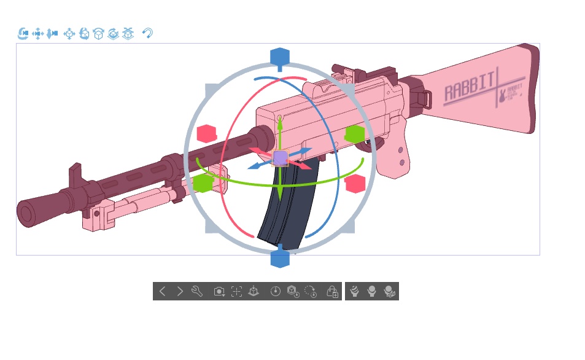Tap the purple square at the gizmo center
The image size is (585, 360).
(x=280, y=158)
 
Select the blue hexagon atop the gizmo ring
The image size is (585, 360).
(x=280, y=57)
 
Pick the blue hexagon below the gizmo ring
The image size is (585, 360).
(x=280, y=258)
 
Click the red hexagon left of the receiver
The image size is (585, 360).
(x=207, y=133)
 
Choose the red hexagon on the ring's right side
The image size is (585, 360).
(x=355, y=183)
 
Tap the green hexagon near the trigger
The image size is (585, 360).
(x=355, y=133)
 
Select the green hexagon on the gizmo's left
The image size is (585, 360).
(x=203, y=182)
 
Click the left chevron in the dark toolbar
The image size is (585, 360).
(x=163, y=291)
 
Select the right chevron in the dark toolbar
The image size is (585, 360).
(x=180, y=291)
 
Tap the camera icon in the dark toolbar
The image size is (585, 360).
(x=219, y=291)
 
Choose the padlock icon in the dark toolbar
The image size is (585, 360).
(x=332, y=291)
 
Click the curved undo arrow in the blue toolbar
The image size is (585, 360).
(x=147, y=33)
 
